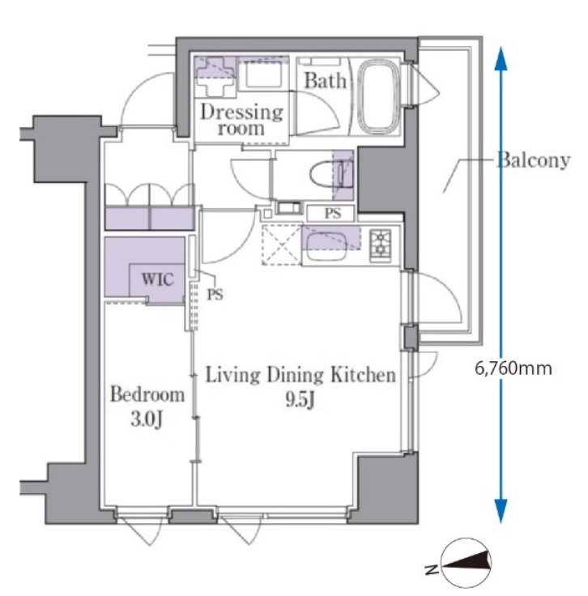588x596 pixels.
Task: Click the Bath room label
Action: coord(326,81)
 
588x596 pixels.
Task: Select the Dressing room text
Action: coord(241,119)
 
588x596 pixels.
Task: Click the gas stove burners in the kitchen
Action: coord(380,244)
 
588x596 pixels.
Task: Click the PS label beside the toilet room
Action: coord(331,214)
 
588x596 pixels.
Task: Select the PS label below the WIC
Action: coord(214,295)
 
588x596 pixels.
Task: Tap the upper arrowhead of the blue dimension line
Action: coord(501,57)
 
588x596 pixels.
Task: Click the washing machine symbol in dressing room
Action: coord(216,76)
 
